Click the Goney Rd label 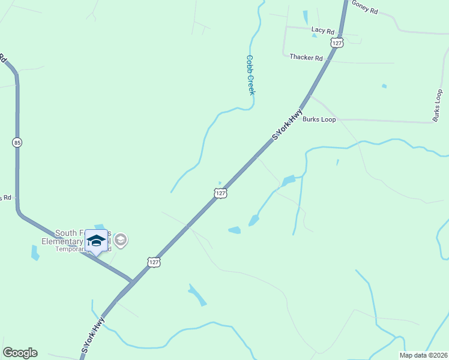tap(365, 8)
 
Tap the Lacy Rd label tap(322, 29)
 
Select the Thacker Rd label tap(306, 58)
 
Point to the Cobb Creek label tap(251, 75)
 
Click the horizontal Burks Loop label tap(319, 119)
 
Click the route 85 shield tap(17, 142)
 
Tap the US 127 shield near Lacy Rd tap(337, 43)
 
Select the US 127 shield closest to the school tap(154, 262)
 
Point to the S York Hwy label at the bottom tap(93, 335)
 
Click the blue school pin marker tap(96, 241)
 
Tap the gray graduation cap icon tap(121, 241)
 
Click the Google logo tap(20, 353)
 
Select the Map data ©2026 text tap(423, 355)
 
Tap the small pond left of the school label tap(35, 253)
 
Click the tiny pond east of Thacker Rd tap(384, 86)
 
